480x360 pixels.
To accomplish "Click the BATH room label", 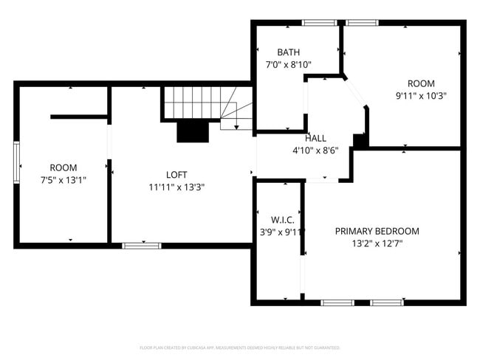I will pos(288,52).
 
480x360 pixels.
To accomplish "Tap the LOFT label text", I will pos(176,175).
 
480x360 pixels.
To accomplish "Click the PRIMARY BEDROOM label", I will pos(377,231).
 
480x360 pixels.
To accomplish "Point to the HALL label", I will pos(316,138).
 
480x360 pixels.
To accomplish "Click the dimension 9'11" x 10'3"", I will pos(421,95).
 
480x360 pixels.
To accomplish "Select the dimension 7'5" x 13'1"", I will pos(64,179).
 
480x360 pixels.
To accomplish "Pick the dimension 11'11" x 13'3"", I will pos(176,187).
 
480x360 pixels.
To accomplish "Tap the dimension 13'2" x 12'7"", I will pos(377,243).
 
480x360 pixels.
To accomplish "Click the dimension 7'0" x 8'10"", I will pos(288,64).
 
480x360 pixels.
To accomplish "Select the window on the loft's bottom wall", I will pos(141,245).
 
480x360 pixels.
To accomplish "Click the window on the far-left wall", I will pos(16,162).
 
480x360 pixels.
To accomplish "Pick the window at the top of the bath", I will pos(318,23).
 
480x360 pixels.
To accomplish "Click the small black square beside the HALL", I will pos(360,140).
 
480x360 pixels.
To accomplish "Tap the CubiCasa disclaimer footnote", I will pos(240,347).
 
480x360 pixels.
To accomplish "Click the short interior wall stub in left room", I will pos(79,116).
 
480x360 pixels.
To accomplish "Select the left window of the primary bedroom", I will pos(337,302).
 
